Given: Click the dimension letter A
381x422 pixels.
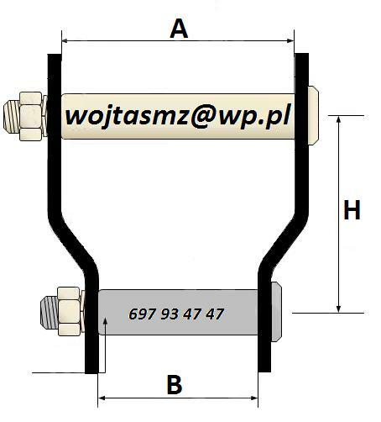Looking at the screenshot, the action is [x=179, y=29].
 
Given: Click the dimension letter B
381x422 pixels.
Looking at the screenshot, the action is [x=175, y=384].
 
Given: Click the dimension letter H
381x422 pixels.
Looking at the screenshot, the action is [x=352, y=209].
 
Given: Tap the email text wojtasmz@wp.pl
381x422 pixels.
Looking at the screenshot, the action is [x=178, y=116].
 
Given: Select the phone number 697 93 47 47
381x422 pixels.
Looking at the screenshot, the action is [x=176, y=314].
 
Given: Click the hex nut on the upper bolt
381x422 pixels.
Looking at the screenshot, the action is [x=31, y=116].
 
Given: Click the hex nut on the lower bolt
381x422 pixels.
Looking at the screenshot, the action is [x=69, y=311].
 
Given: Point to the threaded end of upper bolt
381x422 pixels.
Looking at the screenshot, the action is [x=12, y=117].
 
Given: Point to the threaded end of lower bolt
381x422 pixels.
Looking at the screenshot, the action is [x=50, y=311].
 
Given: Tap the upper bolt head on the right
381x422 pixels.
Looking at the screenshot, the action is [x=313, y=115].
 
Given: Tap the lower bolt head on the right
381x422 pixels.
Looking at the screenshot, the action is [x=276, y=312].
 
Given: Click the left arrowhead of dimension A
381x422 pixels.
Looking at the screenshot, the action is [x=65, y=41].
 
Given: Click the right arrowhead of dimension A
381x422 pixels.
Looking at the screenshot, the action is [x=290, y=41].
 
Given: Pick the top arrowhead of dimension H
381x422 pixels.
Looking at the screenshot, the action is [x=338, y=119].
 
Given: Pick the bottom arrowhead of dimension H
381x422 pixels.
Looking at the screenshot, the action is [x=338, y=309].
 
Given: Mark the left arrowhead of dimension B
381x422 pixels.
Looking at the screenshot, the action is [x=102, y=398].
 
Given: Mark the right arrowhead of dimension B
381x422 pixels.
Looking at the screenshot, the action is [x=254, y=398].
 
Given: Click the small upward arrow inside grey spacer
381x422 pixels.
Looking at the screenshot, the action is [x=105, y=346].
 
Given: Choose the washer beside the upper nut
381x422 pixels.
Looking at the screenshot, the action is [x=44, y=116].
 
